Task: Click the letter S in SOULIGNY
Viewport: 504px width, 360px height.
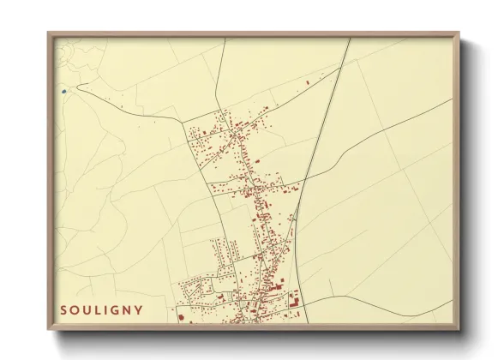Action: coord(63,309)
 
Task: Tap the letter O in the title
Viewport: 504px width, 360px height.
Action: coord(75,309)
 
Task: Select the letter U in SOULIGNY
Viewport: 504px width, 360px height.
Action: coord(87,309)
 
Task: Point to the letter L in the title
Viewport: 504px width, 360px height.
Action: coord(99,309)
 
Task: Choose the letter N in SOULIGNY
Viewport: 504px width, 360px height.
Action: coord(129,309)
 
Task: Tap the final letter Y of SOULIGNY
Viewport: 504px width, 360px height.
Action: coord(140,309)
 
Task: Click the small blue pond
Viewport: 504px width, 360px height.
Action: coord(64,89)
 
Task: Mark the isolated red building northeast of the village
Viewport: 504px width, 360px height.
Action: coord(308,82)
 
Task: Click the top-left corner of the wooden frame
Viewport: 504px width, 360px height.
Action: coord(48,33)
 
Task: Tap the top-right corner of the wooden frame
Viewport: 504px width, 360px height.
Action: coord(459,33)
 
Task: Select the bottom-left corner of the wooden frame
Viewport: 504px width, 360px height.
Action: coord(48,330)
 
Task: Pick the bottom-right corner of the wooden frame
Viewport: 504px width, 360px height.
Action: coord(459,330)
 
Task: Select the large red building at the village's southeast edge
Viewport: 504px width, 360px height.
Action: coord(293,299)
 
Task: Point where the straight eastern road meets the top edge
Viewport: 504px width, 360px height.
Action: coord(351,38)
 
